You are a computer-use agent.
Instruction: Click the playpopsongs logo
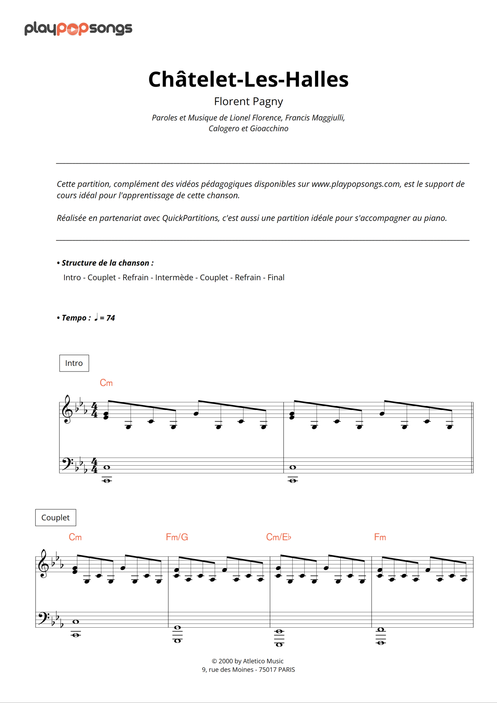78,28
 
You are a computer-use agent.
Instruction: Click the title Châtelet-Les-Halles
248,79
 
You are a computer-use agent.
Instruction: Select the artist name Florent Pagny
248,101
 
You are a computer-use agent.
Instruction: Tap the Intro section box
74,363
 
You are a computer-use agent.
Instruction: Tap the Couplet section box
55,517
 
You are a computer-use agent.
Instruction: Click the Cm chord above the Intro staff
106,383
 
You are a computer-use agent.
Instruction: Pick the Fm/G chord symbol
177,537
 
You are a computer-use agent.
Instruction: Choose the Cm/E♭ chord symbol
279,537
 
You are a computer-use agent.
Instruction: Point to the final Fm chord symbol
380,537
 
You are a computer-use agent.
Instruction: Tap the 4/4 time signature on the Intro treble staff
95,410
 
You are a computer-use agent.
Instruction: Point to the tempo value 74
111,318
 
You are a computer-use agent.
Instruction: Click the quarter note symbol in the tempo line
96,317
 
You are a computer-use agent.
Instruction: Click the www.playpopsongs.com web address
356,184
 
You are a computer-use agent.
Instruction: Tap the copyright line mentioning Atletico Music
248,661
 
